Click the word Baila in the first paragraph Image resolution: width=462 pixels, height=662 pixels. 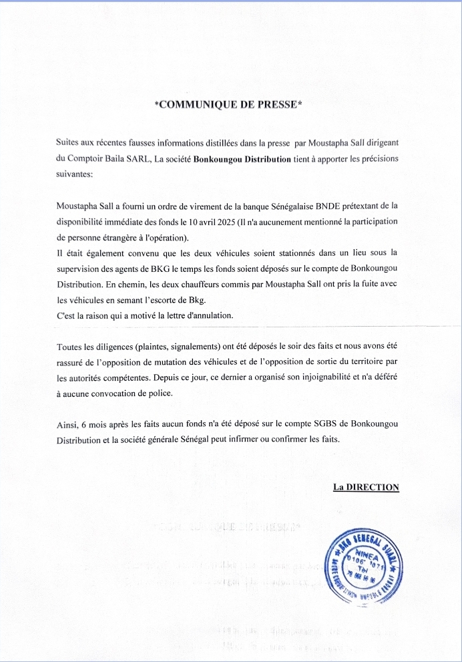[115, 160]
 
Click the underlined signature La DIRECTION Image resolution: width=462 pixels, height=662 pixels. [366, 487]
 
